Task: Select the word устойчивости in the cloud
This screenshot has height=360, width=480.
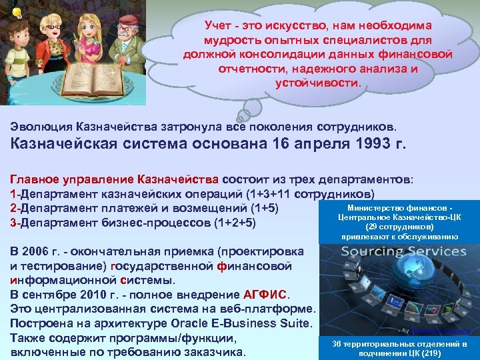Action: tap(317, 83)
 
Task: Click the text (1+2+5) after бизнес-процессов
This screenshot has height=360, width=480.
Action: tap(234, 223)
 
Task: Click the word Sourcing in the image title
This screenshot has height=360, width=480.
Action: tap(371, 251)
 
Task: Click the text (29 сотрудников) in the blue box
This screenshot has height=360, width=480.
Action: tap(399, 227)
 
